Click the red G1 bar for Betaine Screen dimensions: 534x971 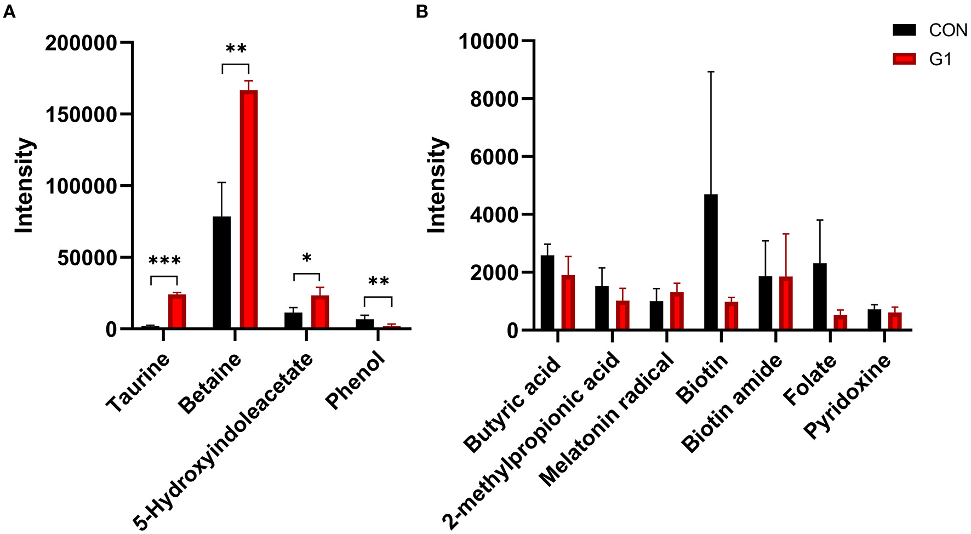pyautogui.click(x=248, y=209)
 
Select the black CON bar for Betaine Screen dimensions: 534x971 pyautogui.click(x=221, y=272)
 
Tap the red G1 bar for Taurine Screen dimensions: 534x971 pyautogui.click(x=177, y=311)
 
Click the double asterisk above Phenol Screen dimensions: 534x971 pyautogui.click(x=378, y=282)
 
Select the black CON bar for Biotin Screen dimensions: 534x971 pyautogui.click(x=710, y=262)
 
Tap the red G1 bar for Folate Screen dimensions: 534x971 pyautogui.click(x=840, y=322)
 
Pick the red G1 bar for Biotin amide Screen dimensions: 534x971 pyautogui.click(x=785, y=303)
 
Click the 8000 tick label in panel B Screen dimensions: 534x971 pyautogui.click(x=494, y=99)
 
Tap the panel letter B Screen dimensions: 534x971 pyautogui.click(x=422, y=12)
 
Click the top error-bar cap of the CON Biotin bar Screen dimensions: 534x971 pyautogui.click(x=710, y=72)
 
